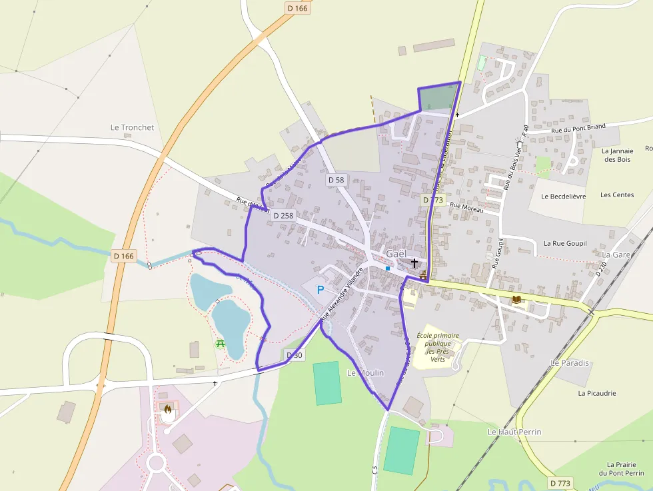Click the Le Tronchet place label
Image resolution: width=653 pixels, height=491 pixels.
pos(132,127)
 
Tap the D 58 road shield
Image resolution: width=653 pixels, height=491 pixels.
pos(336,180)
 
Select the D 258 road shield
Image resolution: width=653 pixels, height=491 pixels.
pos(283,215)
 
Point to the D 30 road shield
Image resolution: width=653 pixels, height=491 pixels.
pos(294,355)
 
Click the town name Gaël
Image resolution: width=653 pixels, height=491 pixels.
pos(396,254)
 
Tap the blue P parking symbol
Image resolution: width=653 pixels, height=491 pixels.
pos(320,290)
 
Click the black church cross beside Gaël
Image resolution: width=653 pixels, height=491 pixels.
pos(415,262)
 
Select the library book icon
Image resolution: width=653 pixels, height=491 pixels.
pos(516,300)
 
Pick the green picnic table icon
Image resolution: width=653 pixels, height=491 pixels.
pos(221,344)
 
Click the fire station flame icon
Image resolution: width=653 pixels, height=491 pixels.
pos(167,410)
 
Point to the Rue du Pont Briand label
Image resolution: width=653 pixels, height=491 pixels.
pos(578,128)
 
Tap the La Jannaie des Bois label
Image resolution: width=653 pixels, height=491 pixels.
pos(616,155)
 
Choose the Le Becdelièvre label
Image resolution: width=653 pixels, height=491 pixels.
pos(563,197)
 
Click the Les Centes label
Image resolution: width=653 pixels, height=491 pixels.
pos(617,195)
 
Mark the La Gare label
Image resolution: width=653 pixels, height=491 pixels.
pos(616,254)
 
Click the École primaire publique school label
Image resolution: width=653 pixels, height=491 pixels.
pos(438,346)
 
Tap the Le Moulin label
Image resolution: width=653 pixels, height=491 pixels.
pos(365,373)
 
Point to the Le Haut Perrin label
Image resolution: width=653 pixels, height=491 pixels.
pos(514,432)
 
